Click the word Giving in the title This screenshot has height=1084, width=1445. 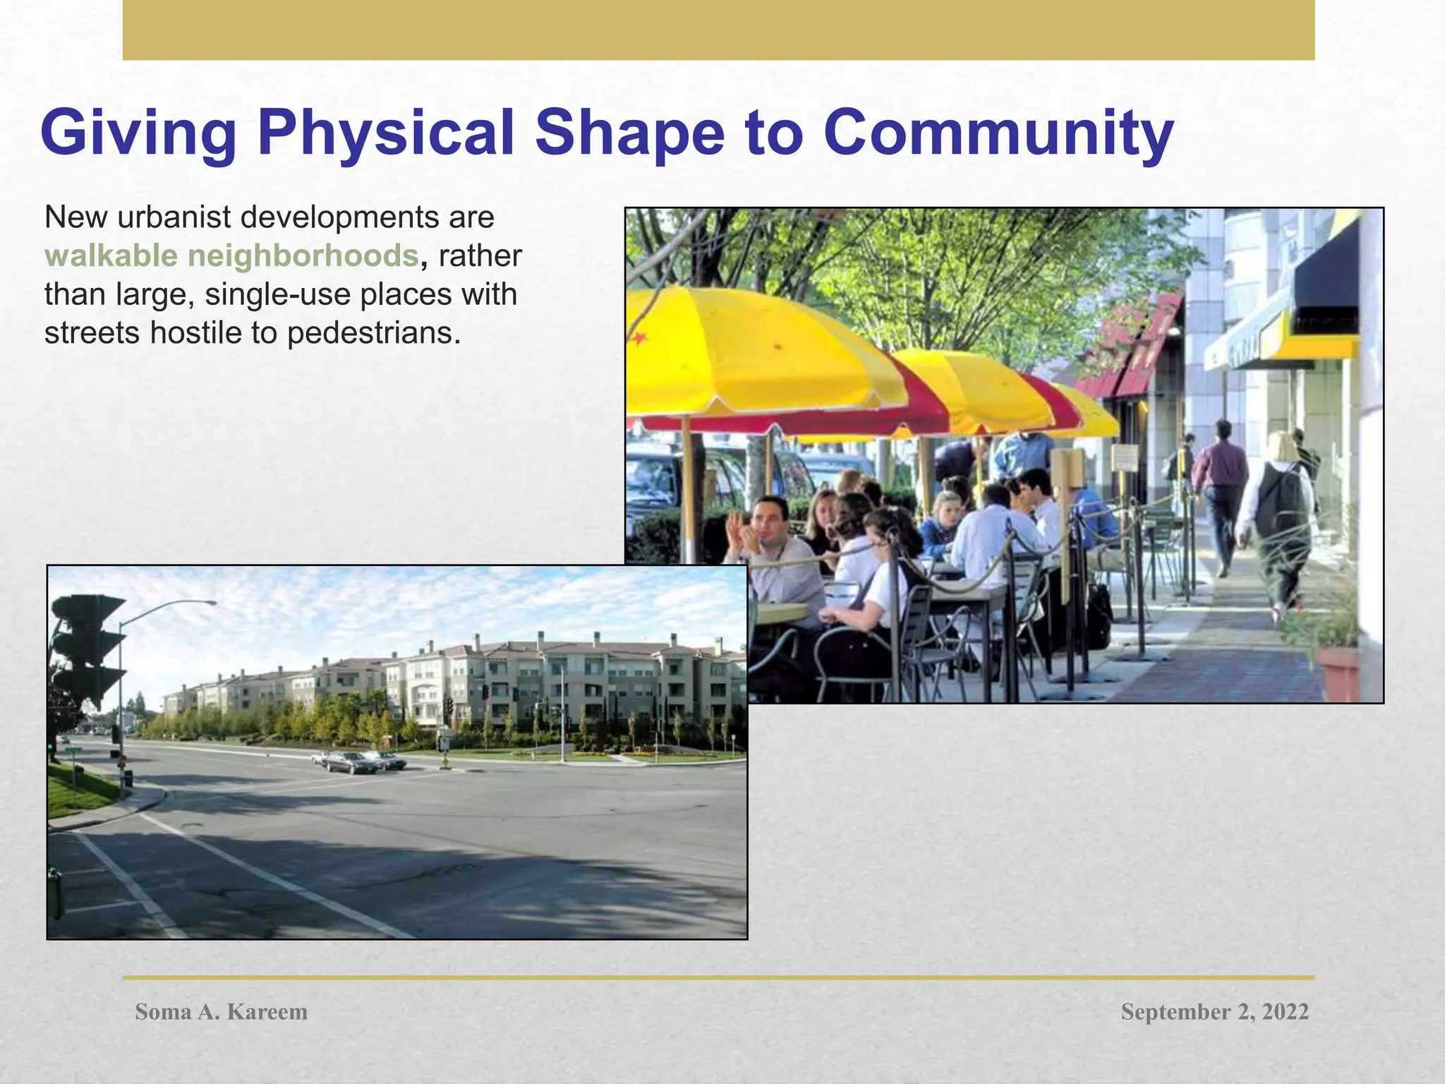pos(138,134)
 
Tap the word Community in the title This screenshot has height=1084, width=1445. pos(998,134)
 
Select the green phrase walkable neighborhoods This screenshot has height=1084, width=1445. pos(232,255)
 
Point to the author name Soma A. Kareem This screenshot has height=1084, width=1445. pos(221,1011)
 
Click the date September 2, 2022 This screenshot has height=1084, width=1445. pos(1214,1011)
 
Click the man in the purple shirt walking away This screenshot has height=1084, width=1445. pos(1220,487)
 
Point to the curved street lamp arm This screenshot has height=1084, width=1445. pos(169,607)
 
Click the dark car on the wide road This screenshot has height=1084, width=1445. pos(349,762)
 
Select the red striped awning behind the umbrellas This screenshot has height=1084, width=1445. pos(1136,346)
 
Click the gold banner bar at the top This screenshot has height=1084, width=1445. pos(718,30)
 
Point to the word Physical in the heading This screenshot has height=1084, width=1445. pos(385,134)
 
